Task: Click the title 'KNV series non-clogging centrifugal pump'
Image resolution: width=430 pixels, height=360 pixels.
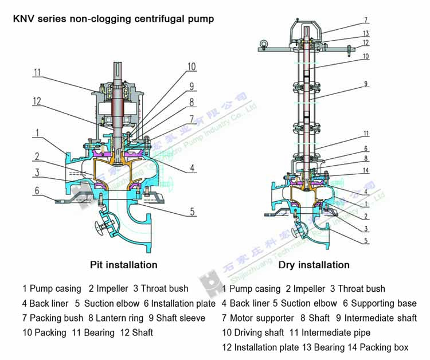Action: click(x=114, y=19)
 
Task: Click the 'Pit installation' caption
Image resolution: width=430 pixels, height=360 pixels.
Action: click(x=123, y=265)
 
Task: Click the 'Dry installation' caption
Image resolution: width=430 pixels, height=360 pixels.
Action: click(x=314, y=265)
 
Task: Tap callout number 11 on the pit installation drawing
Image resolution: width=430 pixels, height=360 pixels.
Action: click(x=37, y=72)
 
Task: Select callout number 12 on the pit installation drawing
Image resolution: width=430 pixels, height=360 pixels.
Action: click(x=37, y=101)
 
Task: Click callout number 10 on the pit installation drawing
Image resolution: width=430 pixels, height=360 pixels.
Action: click(x=191, y=66)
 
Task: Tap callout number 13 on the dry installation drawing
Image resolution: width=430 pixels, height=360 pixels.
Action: click(x=366, y=33)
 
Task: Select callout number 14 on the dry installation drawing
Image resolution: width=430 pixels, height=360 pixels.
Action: click(x=366, y=171)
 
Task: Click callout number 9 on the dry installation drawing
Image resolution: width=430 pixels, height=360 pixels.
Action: click(x=366, y=84)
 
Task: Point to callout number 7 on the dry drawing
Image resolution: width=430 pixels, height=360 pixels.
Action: click(x=366, y=19)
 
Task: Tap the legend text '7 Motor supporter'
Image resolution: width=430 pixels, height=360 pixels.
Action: click(x=257, y=318)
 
